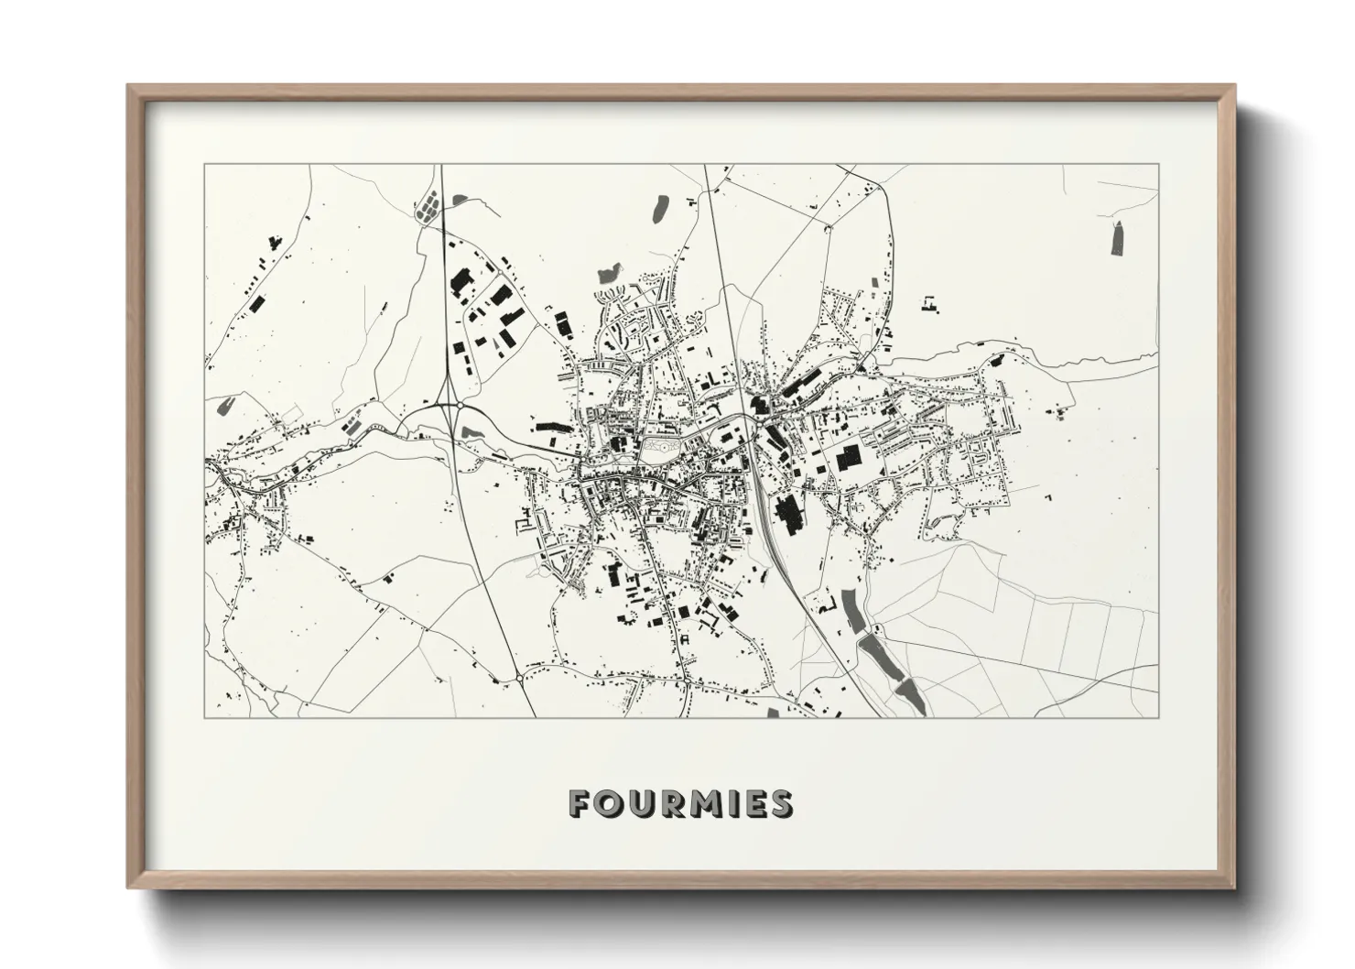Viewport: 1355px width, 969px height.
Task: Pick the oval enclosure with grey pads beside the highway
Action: coord(427,207)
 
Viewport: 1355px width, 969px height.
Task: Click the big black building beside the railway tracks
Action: coord(787,515)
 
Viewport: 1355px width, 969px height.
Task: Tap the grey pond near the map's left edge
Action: coord(221,408)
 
